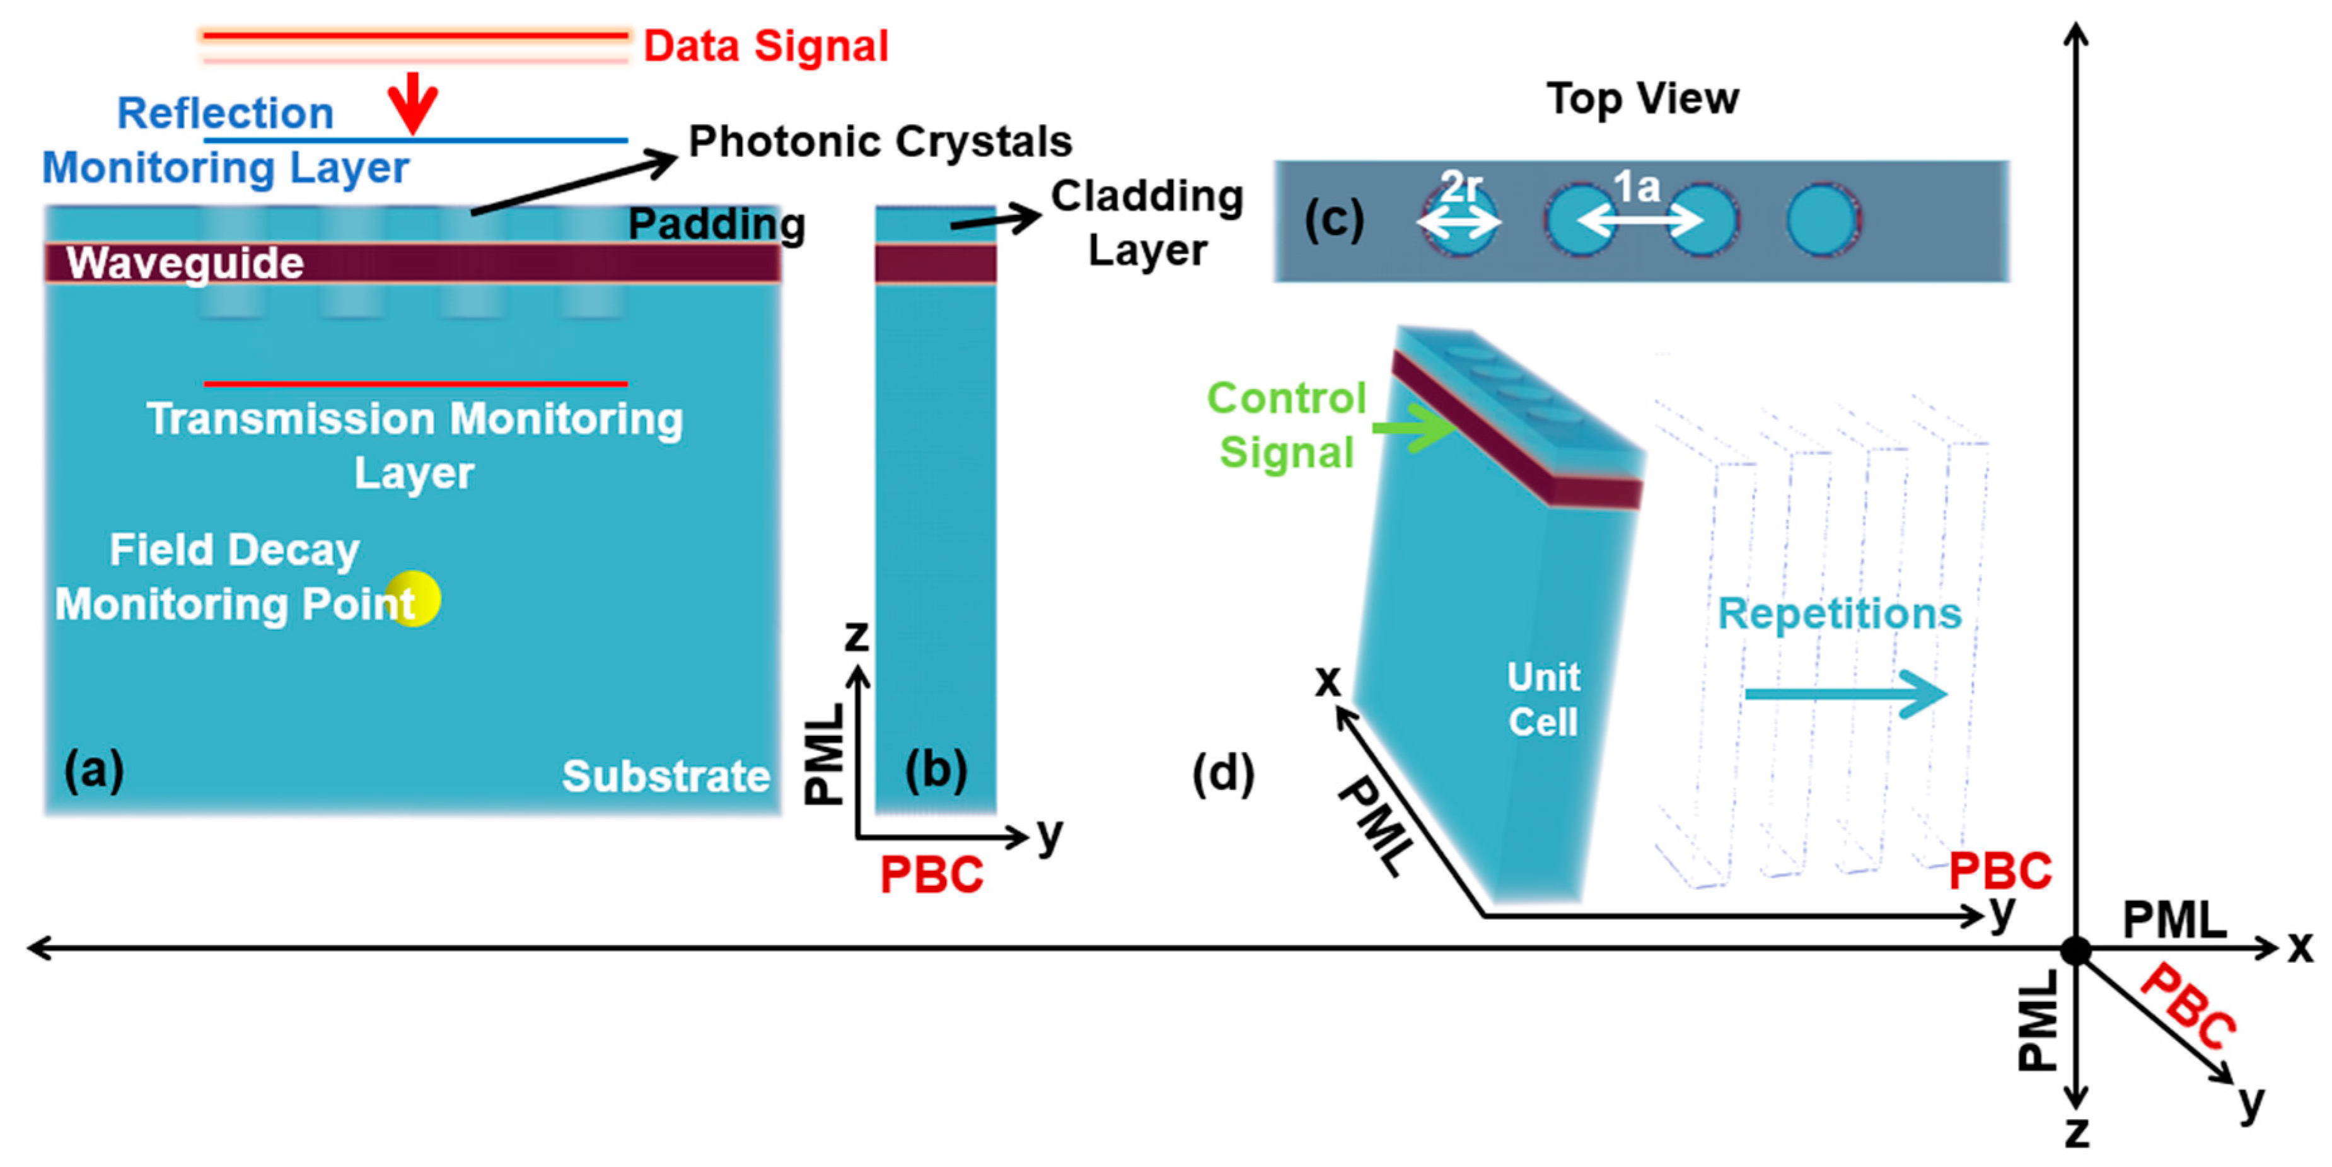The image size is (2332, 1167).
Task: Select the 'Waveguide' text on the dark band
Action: [x=185, y=264]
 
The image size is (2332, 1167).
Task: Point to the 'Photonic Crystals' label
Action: [x=880, y=141]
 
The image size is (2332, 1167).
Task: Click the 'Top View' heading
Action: [x=1642, y=99]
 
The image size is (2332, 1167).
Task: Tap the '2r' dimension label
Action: [x=1459, y=187]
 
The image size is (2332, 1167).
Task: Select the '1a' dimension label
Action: [x=1637, y=187]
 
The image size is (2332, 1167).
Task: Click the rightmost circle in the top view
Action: [x=1823, y=220]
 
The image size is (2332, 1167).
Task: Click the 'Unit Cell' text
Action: [x=1543, y=699]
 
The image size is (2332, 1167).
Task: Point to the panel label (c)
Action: [x=1333, y=219]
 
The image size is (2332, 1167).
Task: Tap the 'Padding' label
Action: [x=716, y=224]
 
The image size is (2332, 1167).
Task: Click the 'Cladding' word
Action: [x=1147, y=197]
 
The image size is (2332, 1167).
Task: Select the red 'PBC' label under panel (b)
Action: [x=932, y=874]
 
